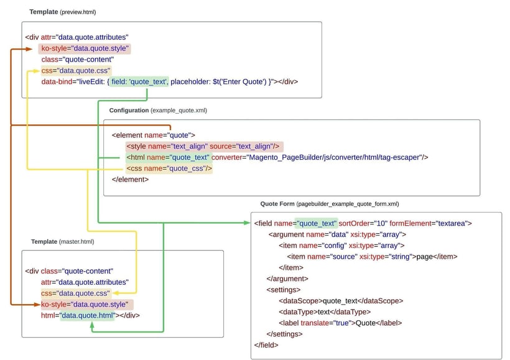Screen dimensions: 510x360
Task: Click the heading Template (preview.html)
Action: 63,12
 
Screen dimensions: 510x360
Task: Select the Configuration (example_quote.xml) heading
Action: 158,110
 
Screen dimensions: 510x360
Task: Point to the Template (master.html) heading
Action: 62,242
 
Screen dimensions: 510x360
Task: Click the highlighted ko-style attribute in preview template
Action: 85,48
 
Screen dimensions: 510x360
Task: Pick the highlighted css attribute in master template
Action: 76,293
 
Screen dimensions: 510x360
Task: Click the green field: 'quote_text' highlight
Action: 139,81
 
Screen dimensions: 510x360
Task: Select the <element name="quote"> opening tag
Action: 153,136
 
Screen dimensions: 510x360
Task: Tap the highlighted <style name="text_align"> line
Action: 204,146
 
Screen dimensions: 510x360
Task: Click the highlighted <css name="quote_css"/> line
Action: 169,168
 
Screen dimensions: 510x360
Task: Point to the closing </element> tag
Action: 130,180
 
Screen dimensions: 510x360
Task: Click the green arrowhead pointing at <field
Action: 247,223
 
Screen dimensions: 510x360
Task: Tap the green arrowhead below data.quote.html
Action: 92,325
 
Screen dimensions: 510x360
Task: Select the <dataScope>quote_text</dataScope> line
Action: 341,301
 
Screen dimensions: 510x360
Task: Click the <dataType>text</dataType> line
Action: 325,312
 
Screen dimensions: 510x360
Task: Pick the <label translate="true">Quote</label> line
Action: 340,323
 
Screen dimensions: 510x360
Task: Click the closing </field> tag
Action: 266,345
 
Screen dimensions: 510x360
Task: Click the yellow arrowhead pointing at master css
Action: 116,293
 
